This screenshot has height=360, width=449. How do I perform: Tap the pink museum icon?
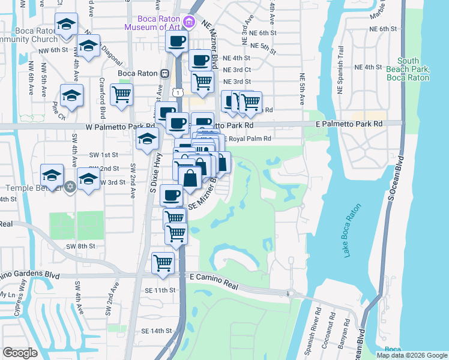tap(190, 23)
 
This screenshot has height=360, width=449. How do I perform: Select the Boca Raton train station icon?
tap(164, 73)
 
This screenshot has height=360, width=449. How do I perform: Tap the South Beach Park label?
tap(408, 69)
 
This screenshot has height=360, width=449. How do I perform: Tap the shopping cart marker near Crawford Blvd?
tap(121, 94)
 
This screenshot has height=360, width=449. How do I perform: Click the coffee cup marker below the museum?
tap(176, 41)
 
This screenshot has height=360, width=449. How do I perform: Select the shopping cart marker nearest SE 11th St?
tap(163, 262)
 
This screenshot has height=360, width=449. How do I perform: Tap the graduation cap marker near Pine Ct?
tap(71, 95)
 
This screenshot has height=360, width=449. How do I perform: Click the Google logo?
tap(20, 353)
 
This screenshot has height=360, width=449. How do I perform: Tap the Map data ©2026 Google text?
tap(412, 355)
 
